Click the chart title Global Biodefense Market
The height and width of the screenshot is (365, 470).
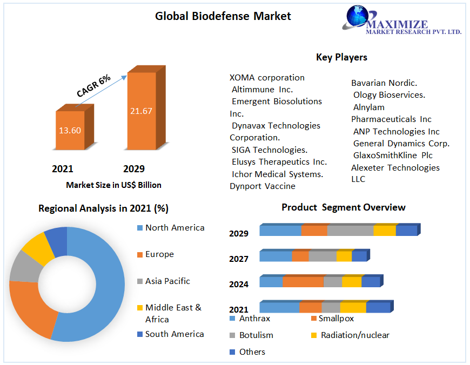(223, 16)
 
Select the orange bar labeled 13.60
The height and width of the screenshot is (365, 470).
(70, 130)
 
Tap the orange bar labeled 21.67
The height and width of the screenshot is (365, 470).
(141, 111)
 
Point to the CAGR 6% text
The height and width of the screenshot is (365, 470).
(93, 86)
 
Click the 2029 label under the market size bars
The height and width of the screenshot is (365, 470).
(134, 169)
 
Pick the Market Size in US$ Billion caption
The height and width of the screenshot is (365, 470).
(113, 185)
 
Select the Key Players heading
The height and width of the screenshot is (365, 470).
(341, 57)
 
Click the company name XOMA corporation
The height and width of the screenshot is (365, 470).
(267, 77)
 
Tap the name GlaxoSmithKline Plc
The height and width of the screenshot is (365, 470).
(392, 156)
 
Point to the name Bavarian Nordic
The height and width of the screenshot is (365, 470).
(384, 83)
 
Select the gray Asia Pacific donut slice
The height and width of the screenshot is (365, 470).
(22, 266)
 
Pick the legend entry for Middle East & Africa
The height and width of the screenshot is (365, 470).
(173, 313)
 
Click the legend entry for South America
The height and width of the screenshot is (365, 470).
(174, 334)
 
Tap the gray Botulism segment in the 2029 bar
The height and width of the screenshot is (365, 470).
(350, 231)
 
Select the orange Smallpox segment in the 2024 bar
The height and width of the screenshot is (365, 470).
(303, 282)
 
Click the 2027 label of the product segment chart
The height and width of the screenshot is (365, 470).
(238, 259)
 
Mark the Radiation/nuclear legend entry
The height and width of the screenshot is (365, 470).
(354, 335)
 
